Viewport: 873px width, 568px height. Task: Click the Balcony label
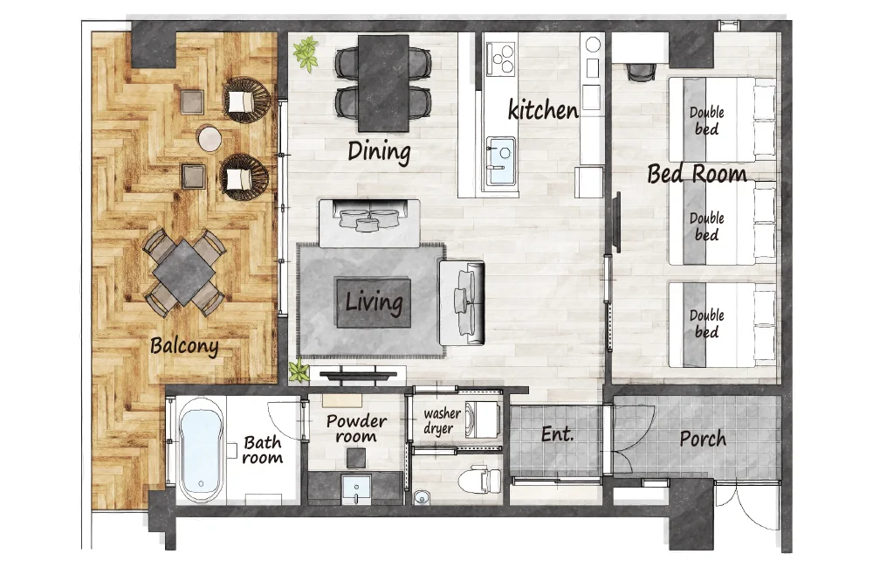click(x=184, y=345)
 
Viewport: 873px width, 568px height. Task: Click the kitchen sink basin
click(x=500, y=161)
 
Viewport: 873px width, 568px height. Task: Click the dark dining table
click(x=383, y=82)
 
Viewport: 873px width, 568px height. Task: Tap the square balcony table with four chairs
click(x=184, y=272)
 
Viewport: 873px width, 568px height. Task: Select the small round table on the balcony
click(x=210, y=138)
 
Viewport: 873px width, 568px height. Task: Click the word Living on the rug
click(x=374, y=302)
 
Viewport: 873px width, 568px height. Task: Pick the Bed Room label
click(x=697, y=174)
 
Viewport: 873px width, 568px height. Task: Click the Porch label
click(x=703, y=439)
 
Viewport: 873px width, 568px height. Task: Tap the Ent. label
click(x=557, y=433)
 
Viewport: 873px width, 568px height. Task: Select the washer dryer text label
click(x=442, y=421)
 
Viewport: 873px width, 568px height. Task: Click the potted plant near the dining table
click(x=306, y=52)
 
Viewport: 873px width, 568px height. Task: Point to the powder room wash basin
click(x=356, y=488)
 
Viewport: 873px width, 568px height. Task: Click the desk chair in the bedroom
click(x=642, y=72)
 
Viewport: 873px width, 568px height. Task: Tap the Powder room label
click(x=356, y=428)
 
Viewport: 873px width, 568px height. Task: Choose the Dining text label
click(x=379, y=151)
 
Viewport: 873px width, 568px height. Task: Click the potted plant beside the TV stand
click(x=299, y=371)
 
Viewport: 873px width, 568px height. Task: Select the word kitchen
click(x=543, y=110)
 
